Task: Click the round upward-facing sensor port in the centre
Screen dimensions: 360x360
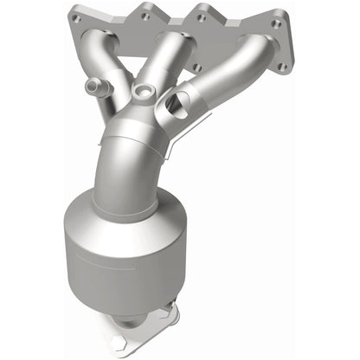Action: click(142, 91)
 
